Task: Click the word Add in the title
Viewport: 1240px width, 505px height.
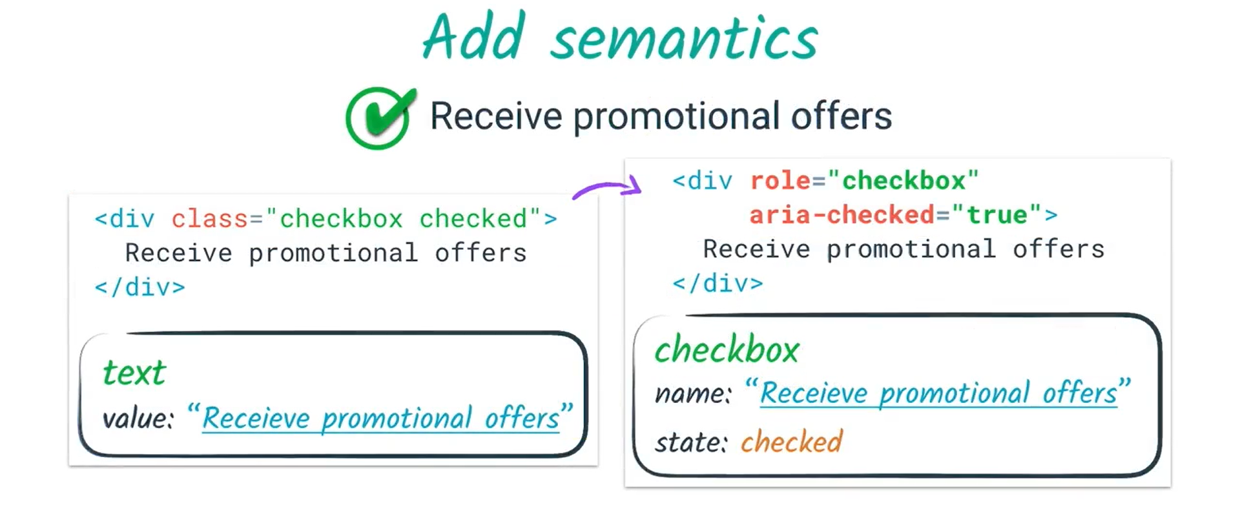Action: pos(473,37)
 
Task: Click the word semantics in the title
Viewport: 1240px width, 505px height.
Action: pos(685,39)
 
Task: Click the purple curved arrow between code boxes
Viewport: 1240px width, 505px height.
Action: pos(607,189)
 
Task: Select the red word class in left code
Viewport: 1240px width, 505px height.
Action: pos(209,219)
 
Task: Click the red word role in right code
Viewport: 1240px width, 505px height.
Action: pos(780,181)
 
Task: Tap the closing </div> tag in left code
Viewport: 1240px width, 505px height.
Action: pos(139,287)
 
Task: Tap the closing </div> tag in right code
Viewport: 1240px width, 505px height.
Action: pos(718,283)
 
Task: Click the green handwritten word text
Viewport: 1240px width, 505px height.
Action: pos(134,373)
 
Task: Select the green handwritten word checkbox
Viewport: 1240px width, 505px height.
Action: pos(727,350)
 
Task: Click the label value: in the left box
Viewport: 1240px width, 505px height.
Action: pos(138,419)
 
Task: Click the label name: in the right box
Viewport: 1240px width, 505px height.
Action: pos(693,393)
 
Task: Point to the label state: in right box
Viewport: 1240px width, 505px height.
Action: pos(691,443)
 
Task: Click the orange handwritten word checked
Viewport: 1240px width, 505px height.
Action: pos(791,442)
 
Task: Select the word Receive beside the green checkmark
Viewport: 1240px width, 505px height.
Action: pos(496,116)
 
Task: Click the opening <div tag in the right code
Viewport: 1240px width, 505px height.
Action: pos(703,181)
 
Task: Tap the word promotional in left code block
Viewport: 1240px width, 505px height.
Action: pos(333,253)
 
